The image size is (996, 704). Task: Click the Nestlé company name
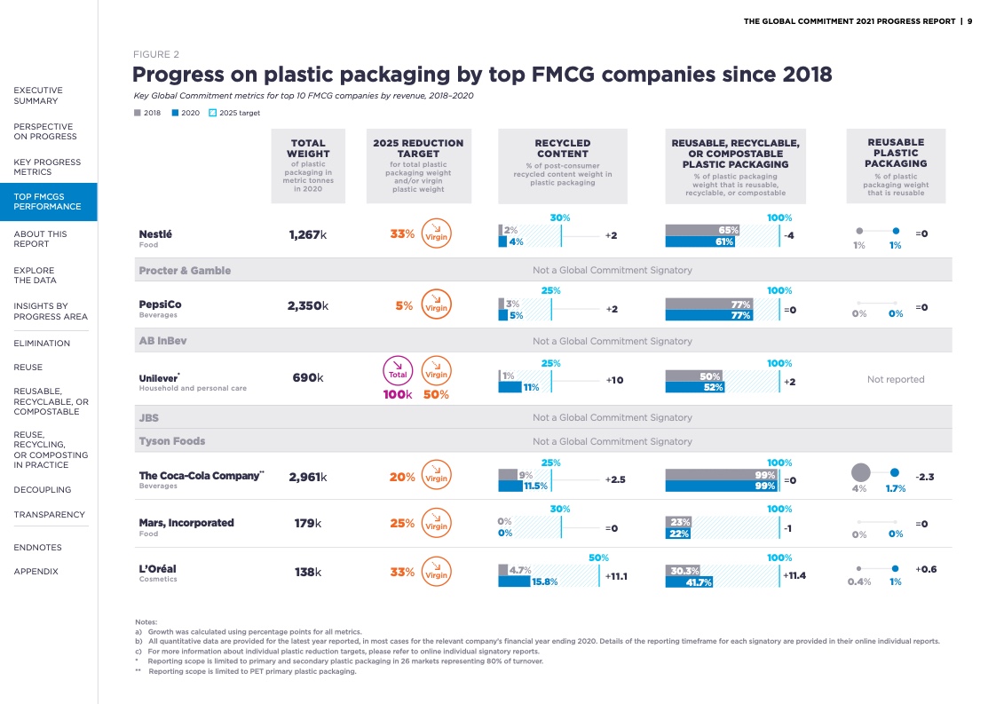[155, 234]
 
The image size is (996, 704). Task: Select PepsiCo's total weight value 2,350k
[308, 306]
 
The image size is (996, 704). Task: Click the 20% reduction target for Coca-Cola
[402, 477]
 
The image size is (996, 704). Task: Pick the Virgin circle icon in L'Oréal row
[436, 573]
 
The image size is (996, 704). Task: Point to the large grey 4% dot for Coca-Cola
[859, 473]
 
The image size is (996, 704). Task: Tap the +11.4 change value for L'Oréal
[794, 575]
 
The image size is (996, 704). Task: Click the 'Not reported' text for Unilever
[896, 379]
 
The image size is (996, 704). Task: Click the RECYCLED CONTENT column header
[563, 148]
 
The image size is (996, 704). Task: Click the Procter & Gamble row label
[185, 270]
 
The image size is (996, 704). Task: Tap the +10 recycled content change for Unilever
[614, 380]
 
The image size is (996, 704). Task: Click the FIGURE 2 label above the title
[155, 54]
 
